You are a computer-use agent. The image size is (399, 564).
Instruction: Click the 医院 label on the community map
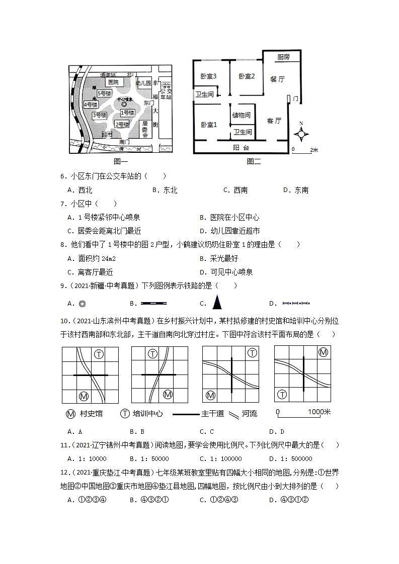coord(113,82)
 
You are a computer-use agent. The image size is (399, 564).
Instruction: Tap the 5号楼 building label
coord(105,94)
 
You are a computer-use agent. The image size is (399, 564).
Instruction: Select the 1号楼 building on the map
coord(127,113)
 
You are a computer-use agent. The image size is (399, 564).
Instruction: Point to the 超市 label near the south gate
coord(107,134)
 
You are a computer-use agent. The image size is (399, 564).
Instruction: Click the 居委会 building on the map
coord(145,129)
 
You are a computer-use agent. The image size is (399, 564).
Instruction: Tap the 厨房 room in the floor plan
coord(283,57)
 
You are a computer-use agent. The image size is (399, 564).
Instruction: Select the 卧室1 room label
coord(208,125)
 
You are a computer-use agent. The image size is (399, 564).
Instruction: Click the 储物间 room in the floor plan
coord(242,115)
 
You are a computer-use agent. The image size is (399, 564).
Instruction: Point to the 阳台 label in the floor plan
coord(241,148)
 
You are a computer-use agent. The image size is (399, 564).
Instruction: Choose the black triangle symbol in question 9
coord(217,303)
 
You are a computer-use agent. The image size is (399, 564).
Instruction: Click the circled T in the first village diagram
coord(99,354)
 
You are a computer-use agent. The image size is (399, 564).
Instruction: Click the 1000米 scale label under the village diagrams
coord(319,412)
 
